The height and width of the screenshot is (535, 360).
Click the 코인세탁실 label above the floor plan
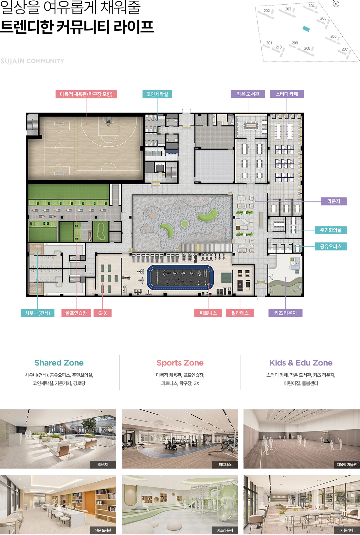[157, 94]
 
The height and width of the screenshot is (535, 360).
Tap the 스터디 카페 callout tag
[287, 94]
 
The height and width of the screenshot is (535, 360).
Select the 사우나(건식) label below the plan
[38, 313]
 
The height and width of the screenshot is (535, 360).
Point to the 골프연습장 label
[76, 313]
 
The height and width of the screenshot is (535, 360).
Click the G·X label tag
[102, 313]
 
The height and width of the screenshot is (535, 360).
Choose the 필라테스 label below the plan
[240, 313]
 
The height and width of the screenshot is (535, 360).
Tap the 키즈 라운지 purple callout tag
[285, 313]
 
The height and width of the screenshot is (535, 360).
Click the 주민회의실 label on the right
[331, 230]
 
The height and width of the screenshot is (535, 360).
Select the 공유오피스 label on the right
[331, 246]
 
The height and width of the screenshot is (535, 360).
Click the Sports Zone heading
[180, 363]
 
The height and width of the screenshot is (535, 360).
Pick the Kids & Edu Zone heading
[301, 363]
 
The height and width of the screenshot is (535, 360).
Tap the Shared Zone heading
[59, 363]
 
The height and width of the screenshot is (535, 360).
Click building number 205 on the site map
[323, 18]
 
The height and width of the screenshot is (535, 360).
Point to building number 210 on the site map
[279, 47]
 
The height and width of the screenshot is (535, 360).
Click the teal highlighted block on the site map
[306, 29]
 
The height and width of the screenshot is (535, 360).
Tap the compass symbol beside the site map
[336, 4]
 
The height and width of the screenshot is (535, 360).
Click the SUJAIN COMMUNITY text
[32, 61]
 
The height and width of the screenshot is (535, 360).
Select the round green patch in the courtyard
[185, 223]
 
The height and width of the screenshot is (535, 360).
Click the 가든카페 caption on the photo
[347, 530]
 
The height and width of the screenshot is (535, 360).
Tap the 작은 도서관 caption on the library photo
[103, 530]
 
